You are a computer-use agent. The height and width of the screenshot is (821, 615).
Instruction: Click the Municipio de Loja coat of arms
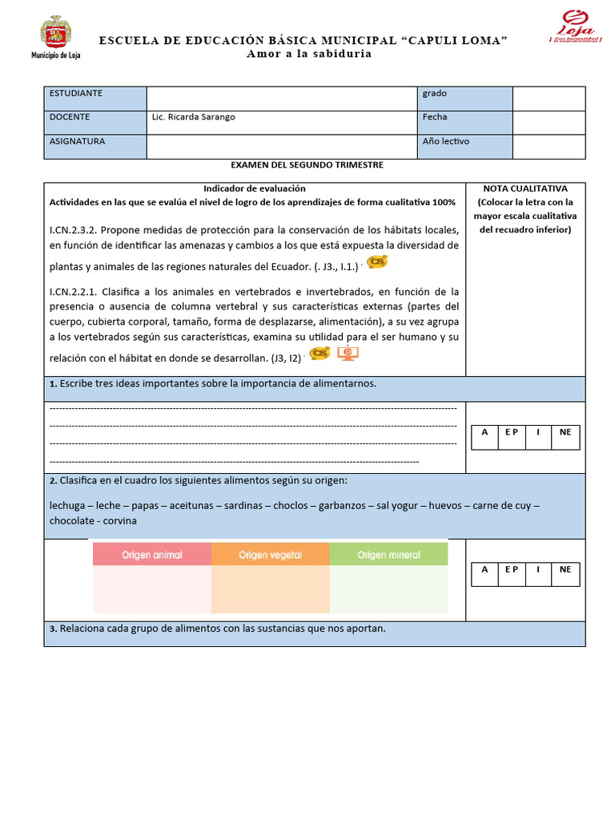click(x=55, y=33)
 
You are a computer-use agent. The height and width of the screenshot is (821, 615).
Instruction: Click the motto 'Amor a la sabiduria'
click(x=308, y=54)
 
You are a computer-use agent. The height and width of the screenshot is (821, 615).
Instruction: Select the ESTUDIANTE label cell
click(x=95, y=98)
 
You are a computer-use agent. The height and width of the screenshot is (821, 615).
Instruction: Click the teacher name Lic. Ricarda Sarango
click(x=194, y=117)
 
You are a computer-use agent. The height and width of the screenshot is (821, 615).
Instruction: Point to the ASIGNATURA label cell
click(x=95, y=146)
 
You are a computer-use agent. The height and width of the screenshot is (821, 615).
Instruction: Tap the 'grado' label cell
click(x=464, y=98)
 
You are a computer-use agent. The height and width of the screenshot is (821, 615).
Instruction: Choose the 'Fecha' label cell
click(x=464, y=122)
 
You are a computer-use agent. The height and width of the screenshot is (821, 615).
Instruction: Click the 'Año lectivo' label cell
click(x=464, y=146)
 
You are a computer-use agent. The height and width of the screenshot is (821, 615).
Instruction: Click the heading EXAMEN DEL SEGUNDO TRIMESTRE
click(x=307, y=165)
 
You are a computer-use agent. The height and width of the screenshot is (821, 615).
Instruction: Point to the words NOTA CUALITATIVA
click(x=525, y=188)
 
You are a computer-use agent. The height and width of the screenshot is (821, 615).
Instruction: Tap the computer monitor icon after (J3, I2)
click(x=348, y=354)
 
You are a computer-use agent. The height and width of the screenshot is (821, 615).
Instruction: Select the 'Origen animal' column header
click(x=151, y=555)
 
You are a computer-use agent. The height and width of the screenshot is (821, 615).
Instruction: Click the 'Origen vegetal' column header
click(x=270, y=555)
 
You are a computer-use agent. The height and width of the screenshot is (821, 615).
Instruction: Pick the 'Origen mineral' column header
click(x=388, y=555)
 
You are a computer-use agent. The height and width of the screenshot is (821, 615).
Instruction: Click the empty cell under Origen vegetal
click(x=270, y=590)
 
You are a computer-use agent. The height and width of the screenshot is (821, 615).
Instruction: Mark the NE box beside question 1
click(x=565, y=433)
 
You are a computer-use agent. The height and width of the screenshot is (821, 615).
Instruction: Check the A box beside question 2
click(x=484, y=570)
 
